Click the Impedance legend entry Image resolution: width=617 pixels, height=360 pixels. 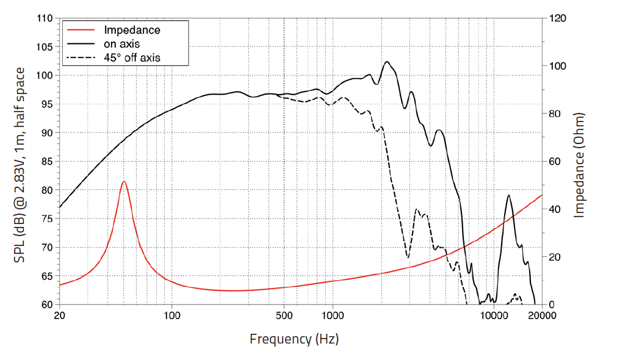[132, 30]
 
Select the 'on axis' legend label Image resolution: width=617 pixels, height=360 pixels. [122, 44]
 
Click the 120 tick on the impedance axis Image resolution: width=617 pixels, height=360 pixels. [558, 18]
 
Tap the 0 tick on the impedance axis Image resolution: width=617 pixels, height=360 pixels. [553, 304]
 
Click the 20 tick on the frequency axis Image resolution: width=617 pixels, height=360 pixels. [59, 315]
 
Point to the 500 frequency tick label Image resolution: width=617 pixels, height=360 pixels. [284, 315]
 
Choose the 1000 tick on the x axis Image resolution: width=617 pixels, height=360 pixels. [333, 315]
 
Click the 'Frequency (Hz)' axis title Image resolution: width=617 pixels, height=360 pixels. [294, 339]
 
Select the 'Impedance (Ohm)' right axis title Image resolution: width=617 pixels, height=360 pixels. [579, 165]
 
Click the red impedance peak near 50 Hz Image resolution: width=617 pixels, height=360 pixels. [124, 182]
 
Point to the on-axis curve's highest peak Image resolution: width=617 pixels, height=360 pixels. [387, 62]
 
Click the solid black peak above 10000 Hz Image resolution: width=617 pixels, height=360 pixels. [508, 195]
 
